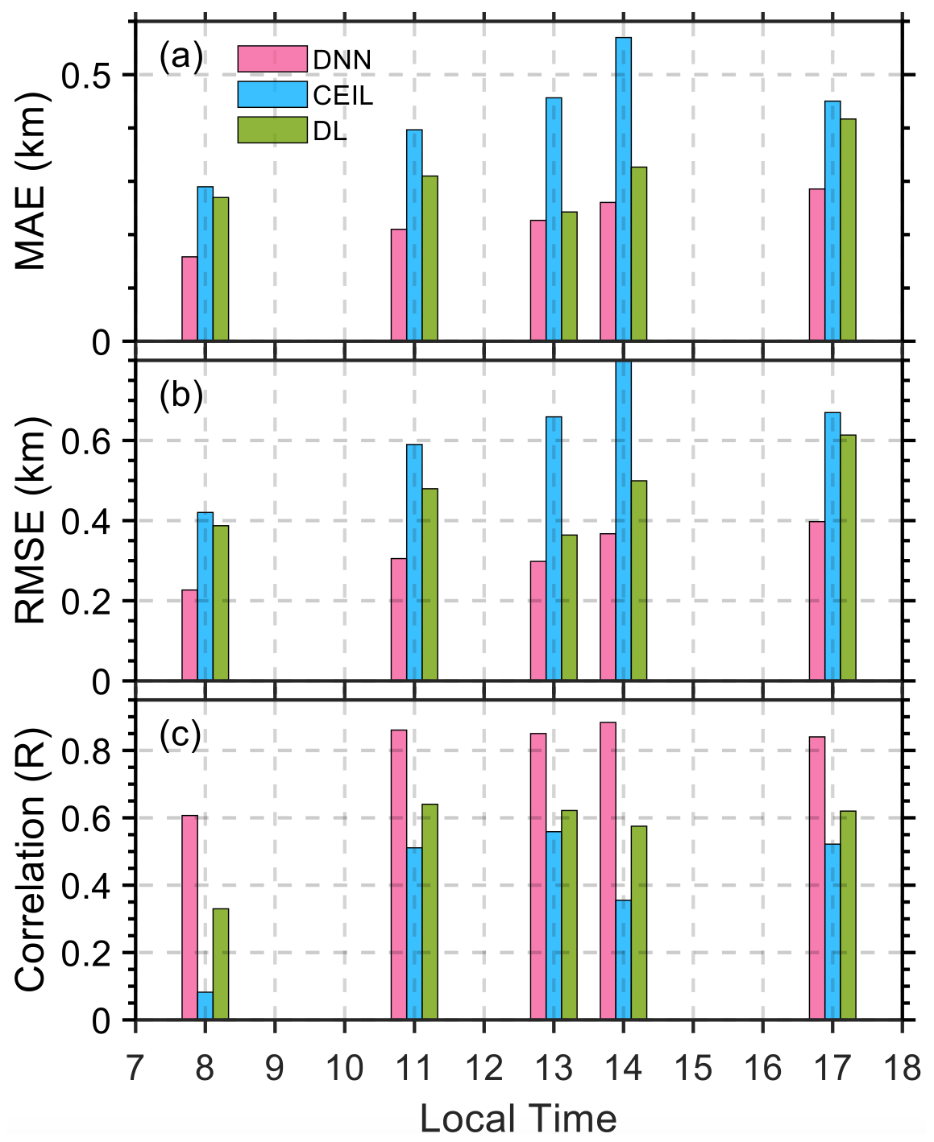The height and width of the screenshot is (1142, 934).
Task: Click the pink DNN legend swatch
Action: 272,59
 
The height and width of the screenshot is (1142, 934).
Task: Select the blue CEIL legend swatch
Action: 272,94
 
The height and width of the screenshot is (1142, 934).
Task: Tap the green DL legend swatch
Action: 272,130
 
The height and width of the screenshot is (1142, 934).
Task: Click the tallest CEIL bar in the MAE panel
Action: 623,189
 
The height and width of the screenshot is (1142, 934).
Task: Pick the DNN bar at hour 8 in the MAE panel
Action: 189,299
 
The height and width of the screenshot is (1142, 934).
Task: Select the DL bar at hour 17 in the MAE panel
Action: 848,230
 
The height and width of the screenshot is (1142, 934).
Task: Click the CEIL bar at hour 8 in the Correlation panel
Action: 205,1006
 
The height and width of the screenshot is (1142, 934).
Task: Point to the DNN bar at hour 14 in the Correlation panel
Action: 608,871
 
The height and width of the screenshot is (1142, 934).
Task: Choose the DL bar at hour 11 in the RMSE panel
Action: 430,585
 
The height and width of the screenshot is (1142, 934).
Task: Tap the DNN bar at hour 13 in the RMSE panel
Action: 538,621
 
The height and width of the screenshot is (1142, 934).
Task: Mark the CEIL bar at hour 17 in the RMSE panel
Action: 832,547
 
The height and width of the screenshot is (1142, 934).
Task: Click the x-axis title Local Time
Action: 518,1119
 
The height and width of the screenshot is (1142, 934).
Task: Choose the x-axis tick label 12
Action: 484,1068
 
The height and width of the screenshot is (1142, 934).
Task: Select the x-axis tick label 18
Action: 902,1068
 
